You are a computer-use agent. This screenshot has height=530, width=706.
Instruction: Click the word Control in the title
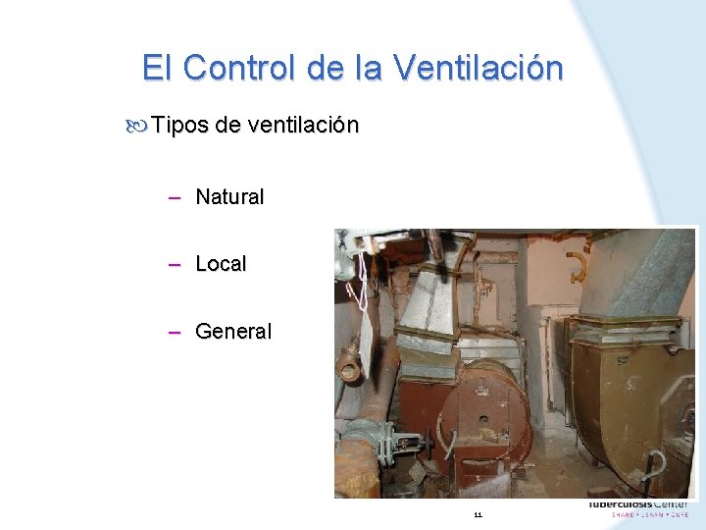coord(239,68)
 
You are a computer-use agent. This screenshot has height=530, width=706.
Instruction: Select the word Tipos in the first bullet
coord(181,126)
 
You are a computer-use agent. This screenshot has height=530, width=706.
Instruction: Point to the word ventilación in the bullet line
coord(303,126)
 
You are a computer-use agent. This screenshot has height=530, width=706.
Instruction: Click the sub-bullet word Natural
coord(229,197)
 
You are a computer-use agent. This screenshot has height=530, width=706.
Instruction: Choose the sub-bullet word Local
coord(221,264)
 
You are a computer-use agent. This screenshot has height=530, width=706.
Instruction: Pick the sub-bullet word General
coord(233,332)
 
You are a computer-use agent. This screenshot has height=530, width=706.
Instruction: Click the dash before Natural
coord(175,197)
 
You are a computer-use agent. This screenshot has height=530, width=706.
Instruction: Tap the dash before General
coord(175,332)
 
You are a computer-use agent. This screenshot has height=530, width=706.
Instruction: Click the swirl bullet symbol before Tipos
coord(137,127)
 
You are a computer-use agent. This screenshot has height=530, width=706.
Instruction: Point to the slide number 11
coord(478,515)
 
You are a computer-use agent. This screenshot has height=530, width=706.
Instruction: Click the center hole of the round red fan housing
coord(481,418)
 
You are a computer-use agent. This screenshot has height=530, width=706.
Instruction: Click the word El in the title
coord(157,68)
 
